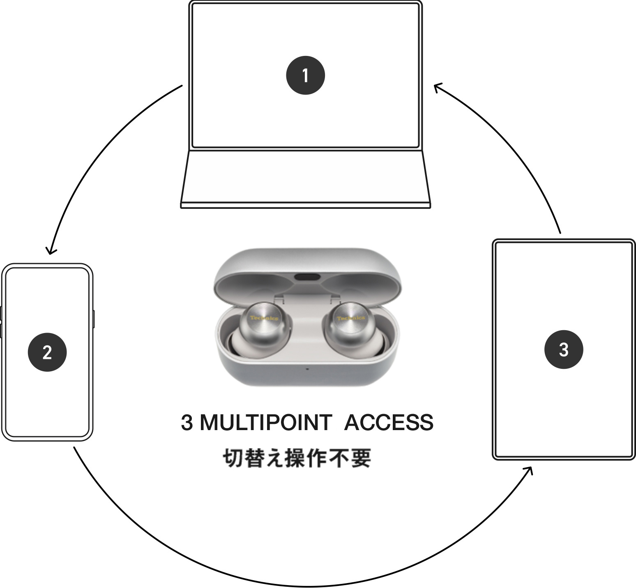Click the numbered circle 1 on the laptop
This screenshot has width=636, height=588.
click(305, 76)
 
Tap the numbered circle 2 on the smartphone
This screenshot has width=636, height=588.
click(47, 352)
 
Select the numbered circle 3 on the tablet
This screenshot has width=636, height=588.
click(564, 350)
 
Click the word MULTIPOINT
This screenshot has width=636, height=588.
click(265, 423)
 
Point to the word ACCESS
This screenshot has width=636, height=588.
click(388, 423)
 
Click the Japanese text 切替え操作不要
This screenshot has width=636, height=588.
click(297, 458)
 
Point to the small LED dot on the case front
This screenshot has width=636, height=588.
click(307, 368)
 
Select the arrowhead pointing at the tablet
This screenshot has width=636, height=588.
click(530, 470)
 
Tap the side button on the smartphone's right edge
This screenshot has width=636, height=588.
click(94, 319)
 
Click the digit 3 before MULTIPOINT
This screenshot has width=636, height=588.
click(187, 423)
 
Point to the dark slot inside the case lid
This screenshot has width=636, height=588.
click(307, 277)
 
